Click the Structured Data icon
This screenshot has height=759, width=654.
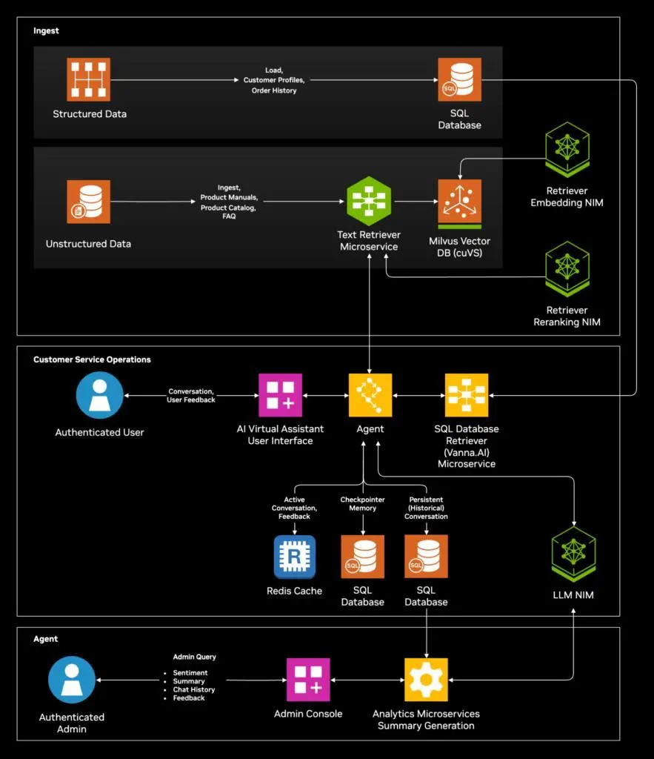click(89, 80)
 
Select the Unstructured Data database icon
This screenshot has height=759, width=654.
click(88, 202)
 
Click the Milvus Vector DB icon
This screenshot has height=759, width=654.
click(459, 202)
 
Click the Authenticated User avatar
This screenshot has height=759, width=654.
click(99, 395)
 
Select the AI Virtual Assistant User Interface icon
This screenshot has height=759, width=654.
click(280, 395)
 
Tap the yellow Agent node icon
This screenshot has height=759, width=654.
click(370, 395)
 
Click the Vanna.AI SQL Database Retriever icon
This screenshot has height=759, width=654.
click(466, 395)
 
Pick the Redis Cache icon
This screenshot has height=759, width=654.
click(294, 557)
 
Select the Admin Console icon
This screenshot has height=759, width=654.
click(308, 679)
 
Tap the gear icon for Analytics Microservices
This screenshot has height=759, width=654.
click(426, 679)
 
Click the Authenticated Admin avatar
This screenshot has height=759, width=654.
click(72, 679)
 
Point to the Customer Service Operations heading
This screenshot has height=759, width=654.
click(92, 359)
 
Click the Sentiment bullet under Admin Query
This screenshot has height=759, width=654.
click(190, 673)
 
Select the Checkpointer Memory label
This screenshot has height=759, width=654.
click(363, 504)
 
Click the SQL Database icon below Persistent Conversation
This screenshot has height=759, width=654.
click(426, 557)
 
